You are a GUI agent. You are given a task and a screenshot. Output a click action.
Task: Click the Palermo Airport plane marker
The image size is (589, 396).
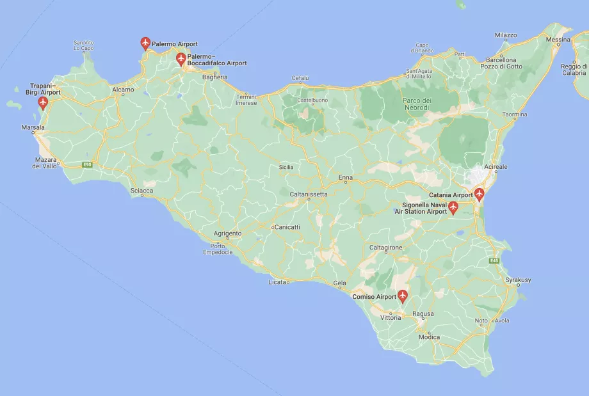coord(145,44)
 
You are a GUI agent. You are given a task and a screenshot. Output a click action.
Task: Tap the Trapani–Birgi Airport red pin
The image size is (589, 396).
coord(44,102)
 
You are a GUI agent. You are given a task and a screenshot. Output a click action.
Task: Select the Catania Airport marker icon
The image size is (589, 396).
coord(479,194)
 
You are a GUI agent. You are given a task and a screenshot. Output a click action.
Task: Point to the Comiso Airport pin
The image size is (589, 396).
coord(403,296)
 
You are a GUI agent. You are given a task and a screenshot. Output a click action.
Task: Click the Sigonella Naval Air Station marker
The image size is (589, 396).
coord(453,207)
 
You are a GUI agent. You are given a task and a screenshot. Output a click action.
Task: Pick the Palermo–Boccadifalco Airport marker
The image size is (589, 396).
coord(181,59)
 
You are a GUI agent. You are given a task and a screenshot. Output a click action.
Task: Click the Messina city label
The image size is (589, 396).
coord(558,40)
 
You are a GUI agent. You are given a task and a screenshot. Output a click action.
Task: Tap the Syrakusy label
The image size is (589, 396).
coord(518,280)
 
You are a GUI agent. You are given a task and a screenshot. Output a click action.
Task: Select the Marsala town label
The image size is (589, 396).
coord(33,127)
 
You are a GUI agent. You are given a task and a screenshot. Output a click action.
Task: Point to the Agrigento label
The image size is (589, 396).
coord(227,234)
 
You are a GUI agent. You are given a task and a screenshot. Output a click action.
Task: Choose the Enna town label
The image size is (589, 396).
coord(346,177)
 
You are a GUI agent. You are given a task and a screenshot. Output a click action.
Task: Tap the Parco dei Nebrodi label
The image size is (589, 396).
coord(417,104)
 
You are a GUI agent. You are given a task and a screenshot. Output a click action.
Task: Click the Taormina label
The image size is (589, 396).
coord(515,115)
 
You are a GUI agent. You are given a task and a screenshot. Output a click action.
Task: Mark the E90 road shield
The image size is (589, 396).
coord(87,164)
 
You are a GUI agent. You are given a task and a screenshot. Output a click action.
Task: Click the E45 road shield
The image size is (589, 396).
coord(494,261)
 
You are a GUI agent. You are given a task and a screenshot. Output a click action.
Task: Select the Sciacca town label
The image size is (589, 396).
coord(141,191)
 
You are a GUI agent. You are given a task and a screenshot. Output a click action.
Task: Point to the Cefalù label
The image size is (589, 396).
coord(300,78)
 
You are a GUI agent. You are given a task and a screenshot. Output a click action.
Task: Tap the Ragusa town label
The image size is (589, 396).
coord(423,313)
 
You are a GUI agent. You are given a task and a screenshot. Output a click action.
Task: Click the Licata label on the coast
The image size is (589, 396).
coord(277,281)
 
